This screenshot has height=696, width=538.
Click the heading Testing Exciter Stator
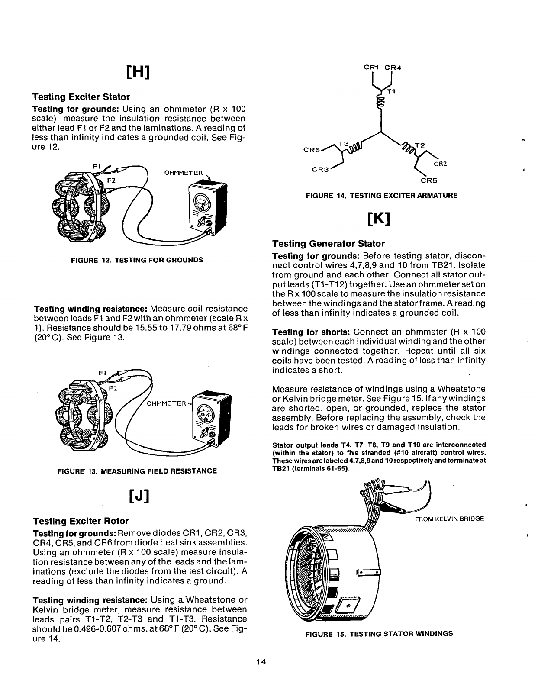point(81,97)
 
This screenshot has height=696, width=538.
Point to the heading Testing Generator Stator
point(328,243)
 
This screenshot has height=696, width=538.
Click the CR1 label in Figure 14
point(371,67)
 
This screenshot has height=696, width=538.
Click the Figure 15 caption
point(379,634)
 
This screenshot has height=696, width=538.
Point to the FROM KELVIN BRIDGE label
point(449,519)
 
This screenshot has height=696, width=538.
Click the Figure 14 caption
point(381,196)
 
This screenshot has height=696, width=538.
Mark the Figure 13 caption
point(137,470)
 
